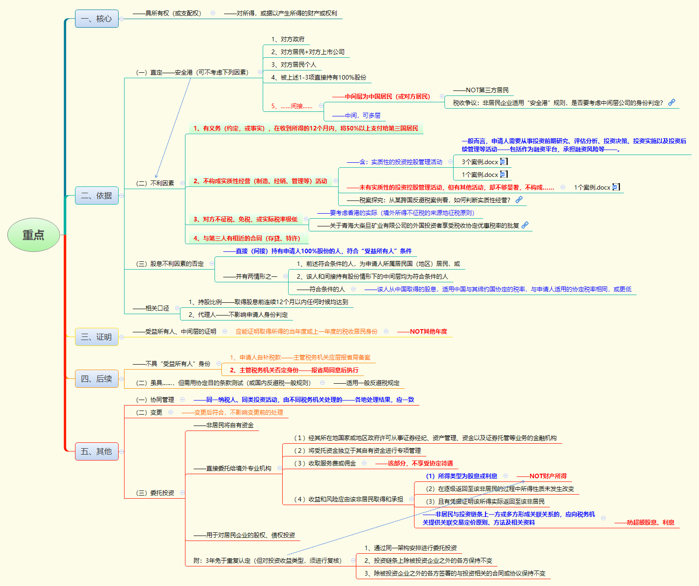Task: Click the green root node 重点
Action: click(34, 235)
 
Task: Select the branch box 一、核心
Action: click(96, 19)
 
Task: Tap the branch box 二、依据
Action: click(96, 195)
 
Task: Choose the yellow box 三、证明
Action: click(96, 337)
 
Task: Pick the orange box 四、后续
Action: click(96, 379)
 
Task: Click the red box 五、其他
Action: click(96, 451)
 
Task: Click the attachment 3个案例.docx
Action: click(480, 162)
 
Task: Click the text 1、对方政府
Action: click(288, 39)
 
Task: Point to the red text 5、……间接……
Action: click(292, 106)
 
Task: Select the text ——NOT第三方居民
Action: click(481, 90)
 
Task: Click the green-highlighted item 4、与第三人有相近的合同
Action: click(247, 238)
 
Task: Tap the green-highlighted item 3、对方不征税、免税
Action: click(245, 219)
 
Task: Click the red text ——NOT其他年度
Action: click(422, 331)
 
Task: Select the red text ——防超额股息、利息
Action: click(644, 522)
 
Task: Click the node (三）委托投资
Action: click(155, 493)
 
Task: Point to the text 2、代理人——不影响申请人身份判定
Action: click(238, 315)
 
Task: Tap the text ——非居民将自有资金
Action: click(224, 425)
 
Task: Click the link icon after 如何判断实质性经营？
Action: click(519, 200)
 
